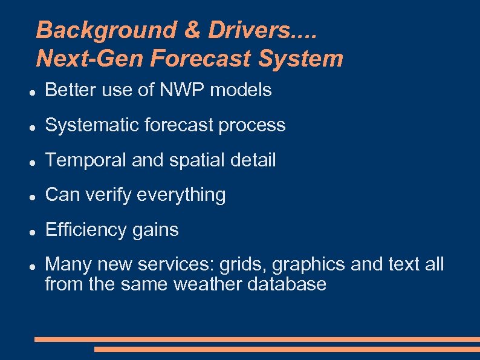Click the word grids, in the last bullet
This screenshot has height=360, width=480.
click(x=244, y=265)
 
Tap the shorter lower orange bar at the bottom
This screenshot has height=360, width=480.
click(x=287, y=349)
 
